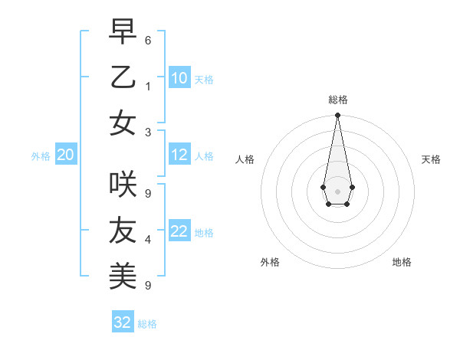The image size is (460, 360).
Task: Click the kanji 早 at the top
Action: coord(123,32)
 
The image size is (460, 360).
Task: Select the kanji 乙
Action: coord(123,77)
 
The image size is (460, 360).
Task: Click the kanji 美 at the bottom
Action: coord(123,275)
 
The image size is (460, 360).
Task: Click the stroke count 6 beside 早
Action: coord(148,40)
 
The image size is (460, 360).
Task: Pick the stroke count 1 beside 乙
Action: coord(148,87)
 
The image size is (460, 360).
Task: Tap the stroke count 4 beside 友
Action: coord(148,240)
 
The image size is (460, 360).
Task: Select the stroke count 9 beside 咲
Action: coord(148,194)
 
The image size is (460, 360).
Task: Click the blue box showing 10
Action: coord(179,78)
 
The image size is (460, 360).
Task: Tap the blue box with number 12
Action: coord(179,155)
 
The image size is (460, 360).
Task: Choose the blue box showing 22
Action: coord(179,231)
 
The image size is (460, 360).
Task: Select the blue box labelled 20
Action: coord(65,155)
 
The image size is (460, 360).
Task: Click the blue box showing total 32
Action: coord(123,322)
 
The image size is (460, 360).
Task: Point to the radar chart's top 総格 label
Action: coord(337,100)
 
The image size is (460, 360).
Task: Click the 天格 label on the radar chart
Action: coord(431,159)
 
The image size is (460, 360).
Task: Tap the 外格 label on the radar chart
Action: coord(270,262)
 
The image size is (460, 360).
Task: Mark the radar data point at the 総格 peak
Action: coord(337,116)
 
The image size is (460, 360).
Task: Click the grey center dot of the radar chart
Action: coord(337,191)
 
